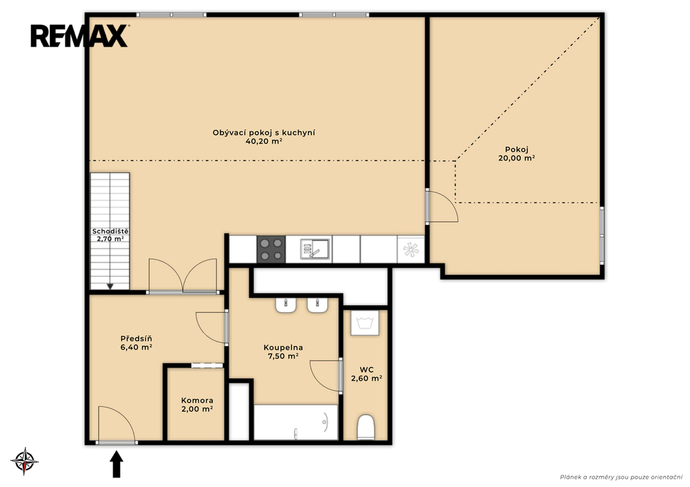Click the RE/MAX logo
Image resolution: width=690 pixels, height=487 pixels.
point(80,36)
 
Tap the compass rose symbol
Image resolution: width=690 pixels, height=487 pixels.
point(25,461)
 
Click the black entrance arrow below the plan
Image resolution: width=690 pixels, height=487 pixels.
point(116,464)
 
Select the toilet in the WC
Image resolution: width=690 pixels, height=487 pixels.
point(366,427)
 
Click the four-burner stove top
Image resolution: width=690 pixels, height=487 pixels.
point(271,249)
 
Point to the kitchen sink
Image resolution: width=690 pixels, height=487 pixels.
point(315,249)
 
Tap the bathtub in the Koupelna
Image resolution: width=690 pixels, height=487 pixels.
point(296,422)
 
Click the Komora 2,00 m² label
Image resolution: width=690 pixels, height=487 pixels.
point(197,405)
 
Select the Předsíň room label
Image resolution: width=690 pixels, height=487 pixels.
point(136,339)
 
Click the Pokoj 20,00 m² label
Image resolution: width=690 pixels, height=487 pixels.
point(517,154)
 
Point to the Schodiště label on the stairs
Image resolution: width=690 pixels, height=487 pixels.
point(110,232)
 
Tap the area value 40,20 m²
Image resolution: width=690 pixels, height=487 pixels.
point(264,141)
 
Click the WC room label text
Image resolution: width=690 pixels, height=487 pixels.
point(367,370)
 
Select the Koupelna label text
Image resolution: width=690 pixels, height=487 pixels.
point(283,348)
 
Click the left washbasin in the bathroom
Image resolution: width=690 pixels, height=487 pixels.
point(286,305)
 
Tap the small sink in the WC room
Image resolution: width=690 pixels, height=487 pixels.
point(365,323)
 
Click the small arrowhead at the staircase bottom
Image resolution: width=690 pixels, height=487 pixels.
point(110,286)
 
